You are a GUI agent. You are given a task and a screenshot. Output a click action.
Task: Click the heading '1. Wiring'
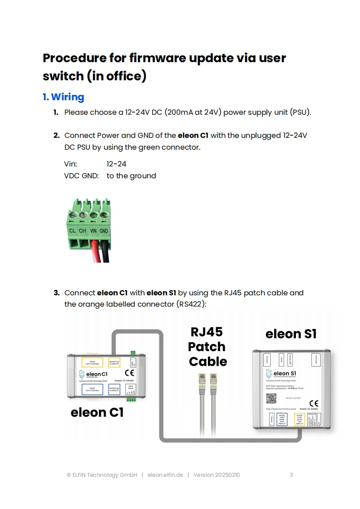63,97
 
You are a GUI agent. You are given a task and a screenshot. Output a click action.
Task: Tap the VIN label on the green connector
94,231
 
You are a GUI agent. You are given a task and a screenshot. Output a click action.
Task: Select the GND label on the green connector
104,231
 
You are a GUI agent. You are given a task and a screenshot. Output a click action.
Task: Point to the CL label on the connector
72,231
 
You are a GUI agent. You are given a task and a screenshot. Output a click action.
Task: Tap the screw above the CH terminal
83,216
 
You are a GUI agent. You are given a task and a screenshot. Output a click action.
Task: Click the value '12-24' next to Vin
116,164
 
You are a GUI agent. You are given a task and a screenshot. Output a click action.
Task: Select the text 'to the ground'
131,176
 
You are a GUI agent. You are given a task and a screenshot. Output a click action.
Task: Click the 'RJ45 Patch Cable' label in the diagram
207,347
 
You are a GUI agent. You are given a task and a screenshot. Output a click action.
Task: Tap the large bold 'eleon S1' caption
291,334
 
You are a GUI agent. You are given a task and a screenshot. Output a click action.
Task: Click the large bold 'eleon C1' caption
97,412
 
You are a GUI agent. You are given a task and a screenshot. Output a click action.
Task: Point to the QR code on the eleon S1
271,398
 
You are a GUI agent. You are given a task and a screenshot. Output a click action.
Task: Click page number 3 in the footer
291,475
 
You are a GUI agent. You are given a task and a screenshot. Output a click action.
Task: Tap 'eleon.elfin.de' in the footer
165,475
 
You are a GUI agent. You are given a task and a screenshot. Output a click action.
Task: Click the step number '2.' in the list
56,135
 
